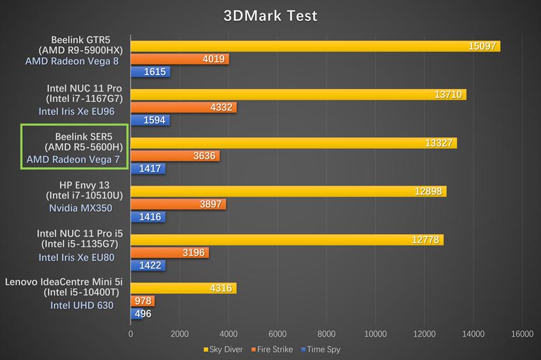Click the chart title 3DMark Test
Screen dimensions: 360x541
(x=270, y=15)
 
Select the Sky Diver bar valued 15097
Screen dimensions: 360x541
(x=315, y=46)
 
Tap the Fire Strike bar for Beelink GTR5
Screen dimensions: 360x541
(x=179, y=59)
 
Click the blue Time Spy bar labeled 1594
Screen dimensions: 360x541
(x=150, y=120)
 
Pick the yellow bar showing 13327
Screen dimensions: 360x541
(x=293, y=143)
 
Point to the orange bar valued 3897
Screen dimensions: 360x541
(x=178, y=204)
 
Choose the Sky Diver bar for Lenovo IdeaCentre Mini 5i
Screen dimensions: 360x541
(x=183, y=288)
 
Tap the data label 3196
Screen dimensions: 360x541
(x=193, y=253)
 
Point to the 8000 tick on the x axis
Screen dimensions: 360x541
(x=327, y=333)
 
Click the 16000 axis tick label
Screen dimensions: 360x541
(x=522, y=333)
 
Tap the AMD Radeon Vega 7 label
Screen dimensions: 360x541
(x=73, y=159)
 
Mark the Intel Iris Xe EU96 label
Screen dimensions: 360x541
(x=76, y=111)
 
